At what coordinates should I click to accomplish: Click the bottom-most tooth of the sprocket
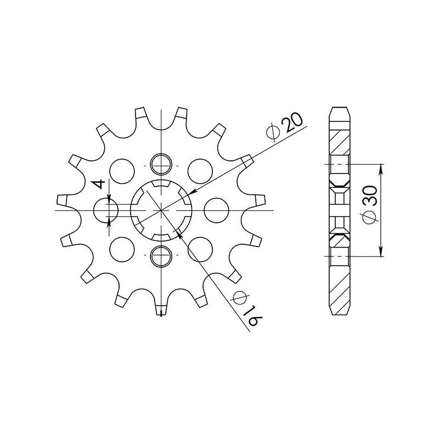click(160, 310)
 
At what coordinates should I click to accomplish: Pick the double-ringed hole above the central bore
click(161, 161)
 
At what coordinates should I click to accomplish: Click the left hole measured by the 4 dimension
click(106, 210)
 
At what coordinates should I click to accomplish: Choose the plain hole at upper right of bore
click(199, 171)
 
